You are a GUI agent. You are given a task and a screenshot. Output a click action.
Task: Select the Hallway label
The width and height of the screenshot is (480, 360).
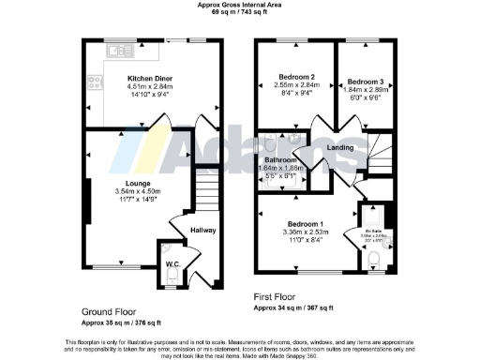pos(203,229)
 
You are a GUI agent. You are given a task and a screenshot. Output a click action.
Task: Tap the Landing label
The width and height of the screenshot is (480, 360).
pos(339,148)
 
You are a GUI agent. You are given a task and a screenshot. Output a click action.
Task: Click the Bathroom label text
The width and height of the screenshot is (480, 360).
pos(280,159)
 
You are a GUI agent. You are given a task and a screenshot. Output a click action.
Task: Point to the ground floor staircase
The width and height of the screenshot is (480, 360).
pos(206,192)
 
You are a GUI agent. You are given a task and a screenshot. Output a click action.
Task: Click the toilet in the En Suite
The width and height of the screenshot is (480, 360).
pos(376,257)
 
